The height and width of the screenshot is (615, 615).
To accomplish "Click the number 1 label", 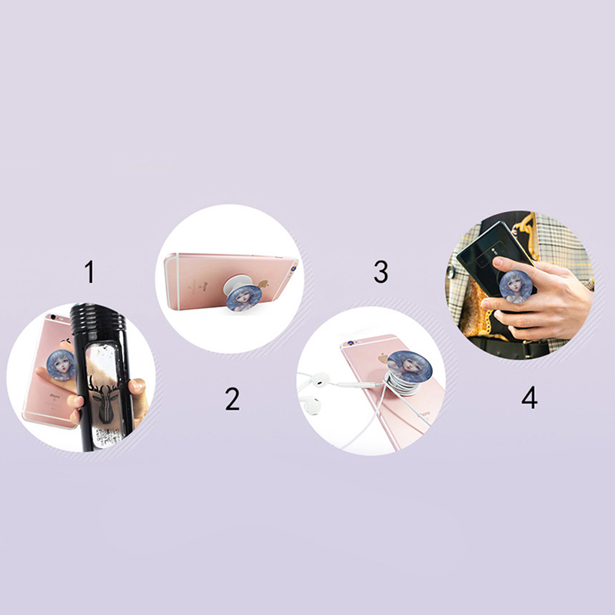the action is (x=90, y=271).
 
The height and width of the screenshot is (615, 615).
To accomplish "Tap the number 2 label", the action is (x=232, y=399).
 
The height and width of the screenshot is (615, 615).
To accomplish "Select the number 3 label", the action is (x=381, y=271).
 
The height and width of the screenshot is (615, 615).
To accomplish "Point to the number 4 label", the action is (x=530, y=397).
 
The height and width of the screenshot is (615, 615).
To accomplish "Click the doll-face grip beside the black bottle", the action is (x=61, y=365).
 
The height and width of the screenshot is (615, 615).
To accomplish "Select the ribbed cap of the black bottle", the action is (x=98, y=317).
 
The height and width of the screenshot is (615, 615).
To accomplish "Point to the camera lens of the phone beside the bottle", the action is (x=53, y=317).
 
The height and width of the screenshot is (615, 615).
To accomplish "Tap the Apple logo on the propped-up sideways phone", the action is (x=263, y=283).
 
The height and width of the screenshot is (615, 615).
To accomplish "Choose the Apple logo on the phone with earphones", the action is (x=383, y=359).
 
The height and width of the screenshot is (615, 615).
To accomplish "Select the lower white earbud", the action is (x=310, y=406).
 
